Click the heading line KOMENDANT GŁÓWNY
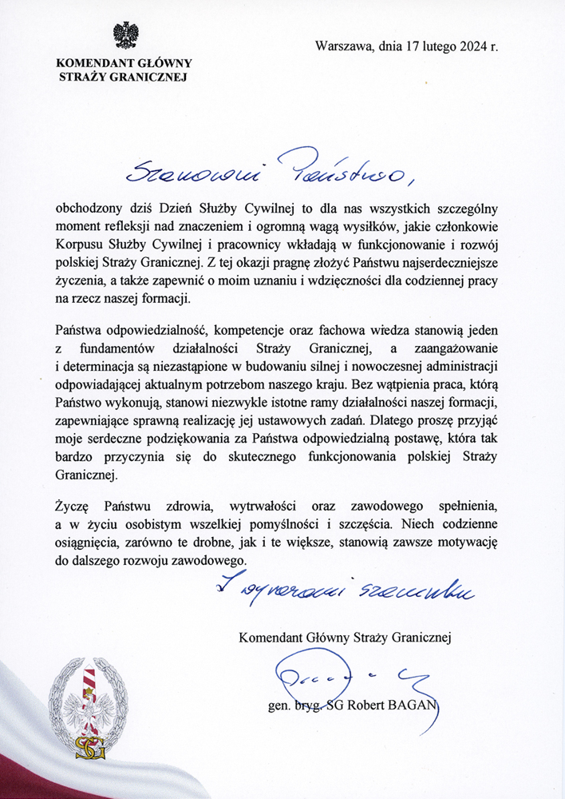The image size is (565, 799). [x=124, y=64]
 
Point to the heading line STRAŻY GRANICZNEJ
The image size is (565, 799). [x=124, y=78]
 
